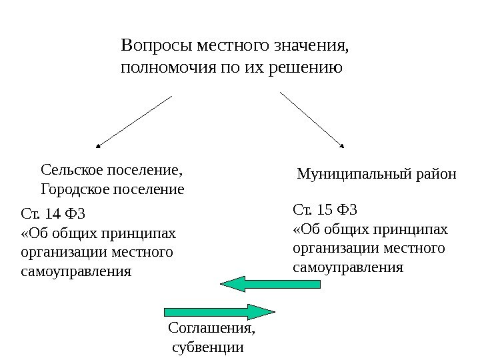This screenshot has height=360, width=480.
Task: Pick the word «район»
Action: (x=437, y=175)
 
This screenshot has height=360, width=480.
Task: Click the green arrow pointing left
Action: (x=270, y=284)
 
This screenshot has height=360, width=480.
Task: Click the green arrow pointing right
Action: (x=219, y=311)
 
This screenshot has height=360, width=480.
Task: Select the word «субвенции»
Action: (x=208, y=347)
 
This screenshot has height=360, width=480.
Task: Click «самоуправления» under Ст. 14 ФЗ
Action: (x=77, y=272)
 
